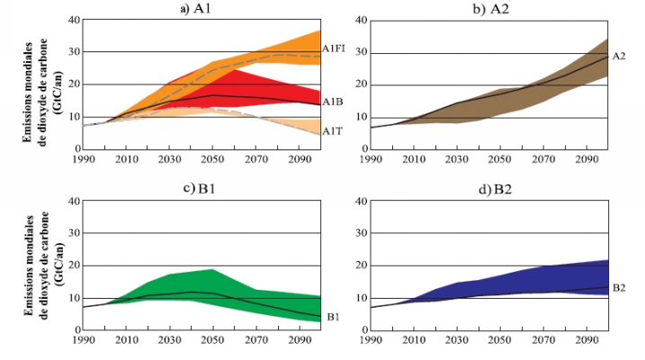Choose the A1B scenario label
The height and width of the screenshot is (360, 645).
tap(332, 102)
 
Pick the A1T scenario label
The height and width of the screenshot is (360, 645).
tap(332, 130)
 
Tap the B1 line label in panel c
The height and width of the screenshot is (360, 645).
tap(332, 317)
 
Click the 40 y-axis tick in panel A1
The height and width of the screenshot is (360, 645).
tap(72, 19)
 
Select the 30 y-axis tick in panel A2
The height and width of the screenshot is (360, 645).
tap(359, 52)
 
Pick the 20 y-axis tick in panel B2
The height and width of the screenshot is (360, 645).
tap(359, 265)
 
